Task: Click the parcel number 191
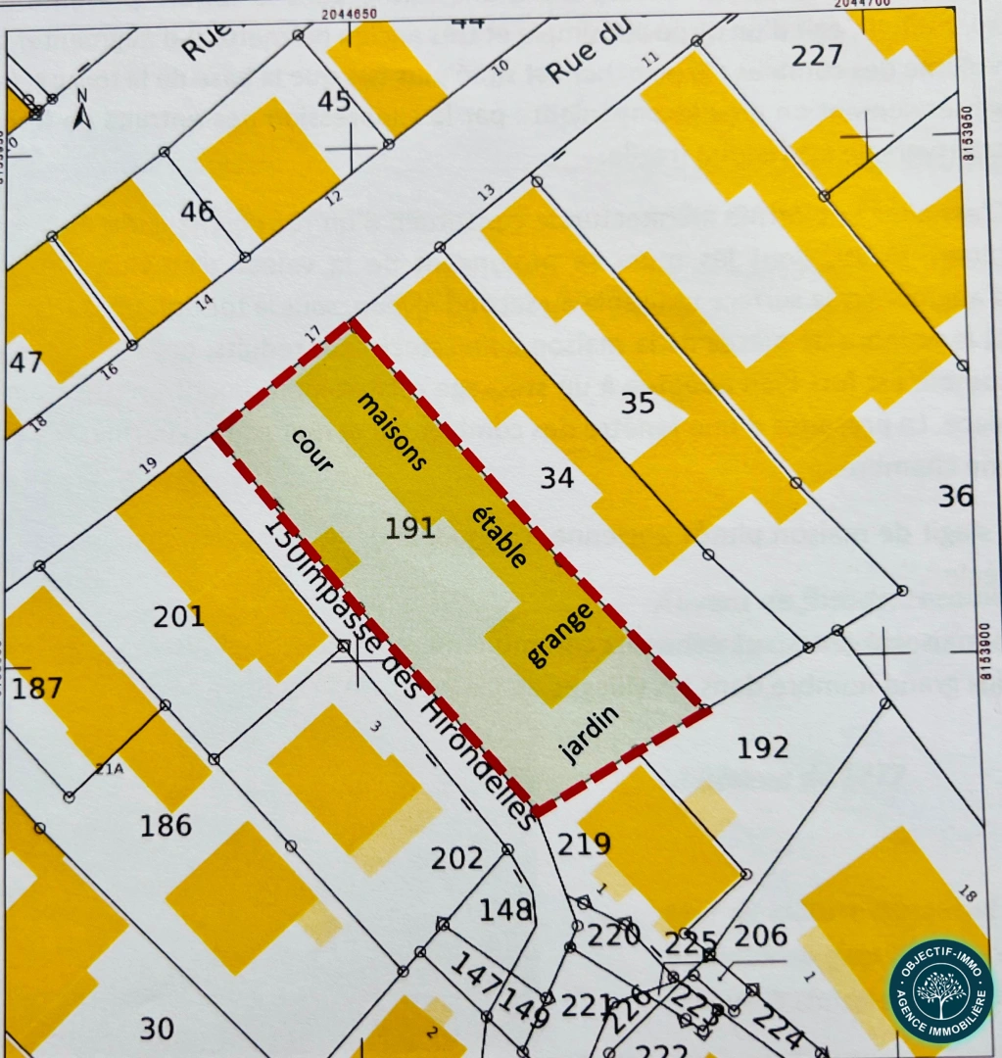click(410, 528)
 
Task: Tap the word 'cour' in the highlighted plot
click(312, 451)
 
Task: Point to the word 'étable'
click(501, 537)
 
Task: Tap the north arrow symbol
click(83, 110)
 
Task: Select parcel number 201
click(179, 616)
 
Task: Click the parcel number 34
click(557, 478)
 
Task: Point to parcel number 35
click(638, 403)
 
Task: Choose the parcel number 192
click(763, 747)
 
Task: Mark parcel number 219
click(585, 843)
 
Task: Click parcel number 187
click(36, 687)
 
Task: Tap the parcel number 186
click(166, 826)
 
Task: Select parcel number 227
click(817, 55)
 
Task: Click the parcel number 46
click(197, 211)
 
